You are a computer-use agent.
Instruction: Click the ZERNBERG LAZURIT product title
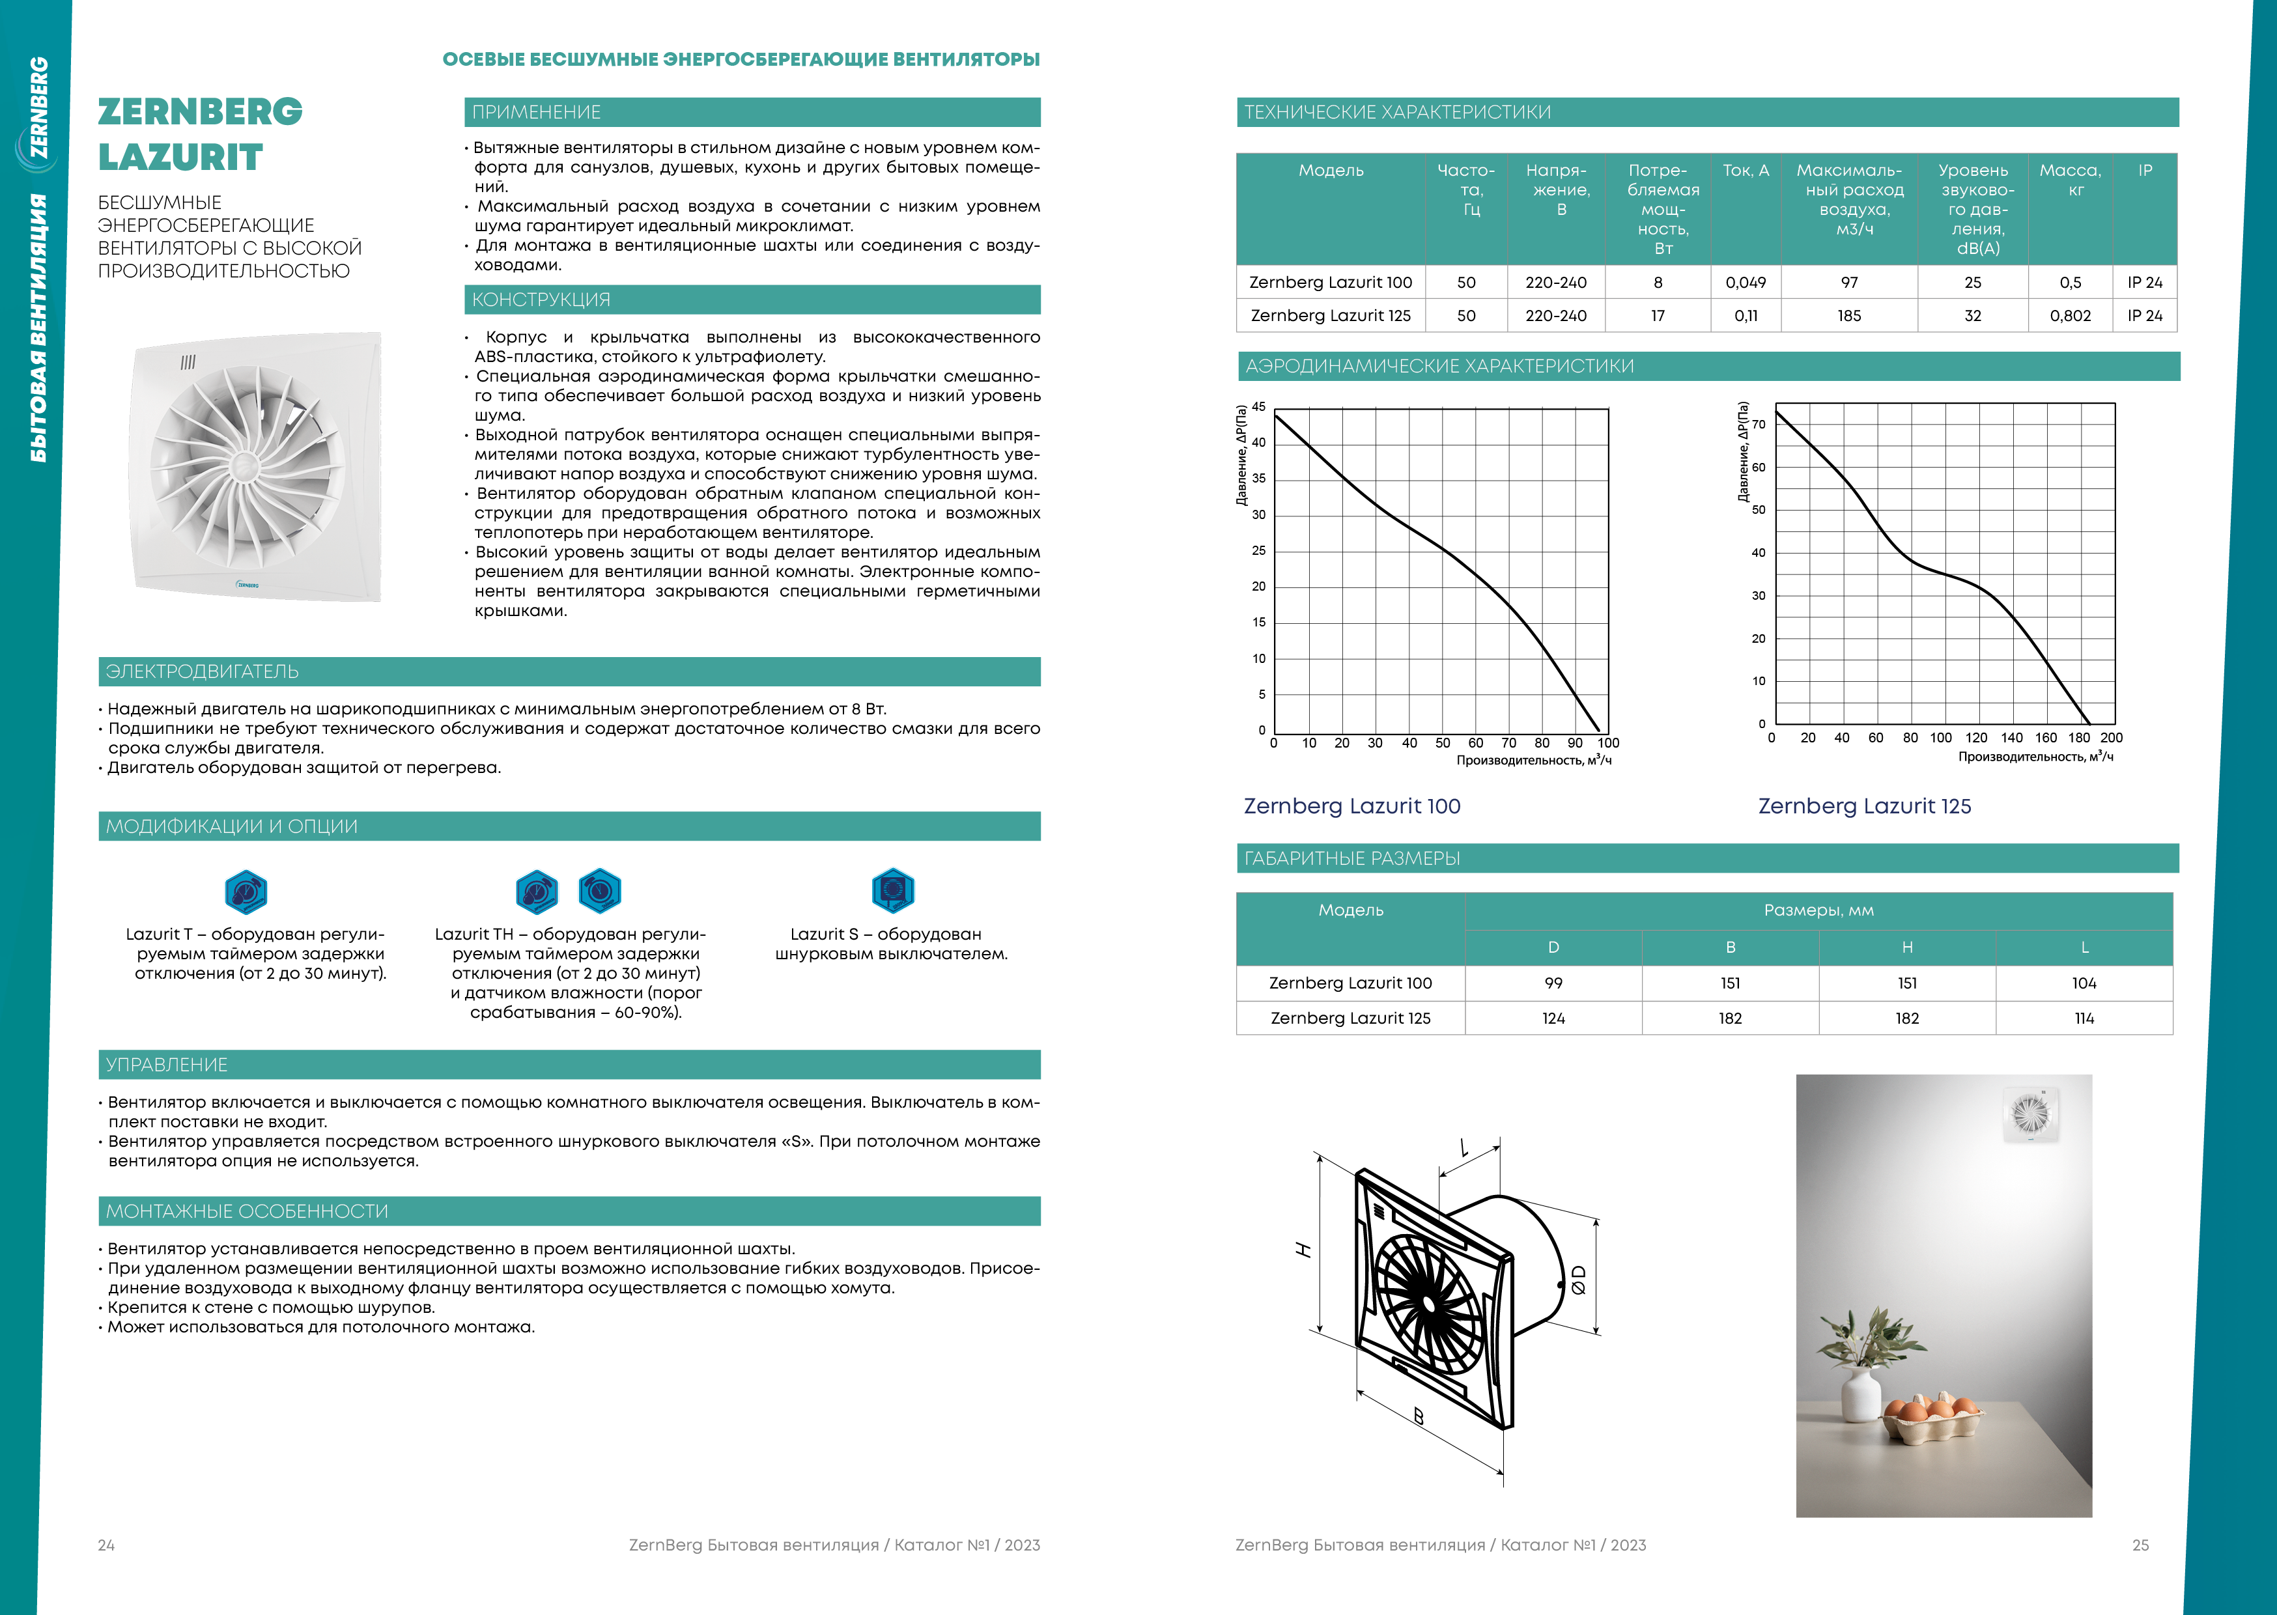(x=200, y=134)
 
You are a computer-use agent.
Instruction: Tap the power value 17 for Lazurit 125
(x=1658, y=315)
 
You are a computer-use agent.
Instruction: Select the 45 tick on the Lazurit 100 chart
(x=1259, y=407)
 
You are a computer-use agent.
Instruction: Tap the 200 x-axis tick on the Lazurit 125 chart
(x=2111, y=738)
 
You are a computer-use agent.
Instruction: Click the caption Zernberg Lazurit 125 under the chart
(x=1863, y=806)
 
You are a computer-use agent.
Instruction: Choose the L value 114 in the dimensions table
(x=2084, y=1018)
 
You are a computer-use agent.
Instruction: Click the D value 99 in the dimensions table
(x=1553, y=983)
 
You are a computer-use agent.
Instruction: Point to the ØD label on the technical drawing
(x=1579, y=1279)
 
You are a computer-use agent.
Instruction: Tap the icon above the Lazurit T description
(x=246, y=891)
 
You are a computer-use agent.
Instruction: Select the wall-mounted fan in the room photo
(x=2029, y=1114)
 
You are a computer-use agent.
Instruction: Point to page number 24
(x=106, y=1545)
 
